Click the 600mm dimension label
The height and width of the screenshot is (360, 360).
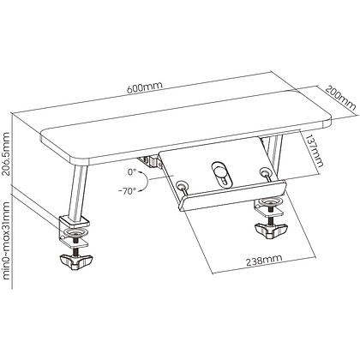(x=145, y=87)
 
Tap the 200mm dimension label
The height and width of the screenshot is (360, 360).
(x=341, y=98)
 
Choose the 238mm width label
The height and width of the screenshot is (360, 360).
(x=264, y=261)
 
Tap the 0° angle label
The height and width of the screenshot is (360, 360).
(x=132, y=172)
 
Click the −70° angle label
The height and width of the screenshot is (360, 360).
(x=128, y=191)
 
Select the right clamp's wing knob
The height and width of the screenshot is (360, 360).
(x=271, y=231)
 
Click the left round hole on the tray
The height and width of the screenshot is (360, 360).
(x=181, y=185)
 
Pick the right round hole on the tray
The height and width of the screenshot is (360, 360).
(x=264, y=172)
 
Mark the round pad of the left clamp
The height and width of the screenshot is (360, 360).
(x=76, y=231)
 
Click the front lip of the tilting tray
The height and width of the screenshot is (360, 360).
(x=232, y=195)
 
